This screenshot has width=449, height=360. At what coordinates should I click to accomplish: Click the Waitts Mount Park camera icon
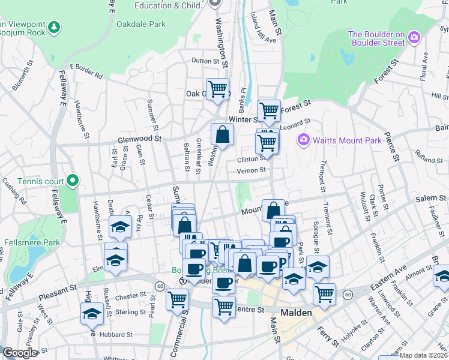point(303,140)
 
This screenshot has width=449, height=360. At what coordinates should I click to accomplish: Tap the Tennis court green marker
point(73,179)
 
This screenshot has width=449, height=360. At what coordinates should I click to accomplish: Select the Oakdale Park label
point(142,25)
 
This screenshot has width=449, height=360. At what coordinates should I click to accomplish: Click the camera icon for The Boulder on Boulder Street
point(414,38)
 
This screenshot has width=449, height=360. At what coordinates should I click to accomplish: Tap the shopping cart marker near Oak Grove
point(218,89)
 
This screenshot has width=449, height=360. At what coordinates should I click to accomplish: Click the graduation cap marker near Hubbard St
point(92,313)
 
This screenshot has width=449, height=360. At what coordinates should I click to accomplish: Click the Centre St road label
point(249,310)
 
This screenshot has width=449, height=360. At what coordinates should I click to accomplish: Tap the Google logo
point(20,353)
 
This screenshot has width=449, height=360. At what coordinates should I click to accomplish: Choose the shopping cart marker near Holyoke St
point(324,293)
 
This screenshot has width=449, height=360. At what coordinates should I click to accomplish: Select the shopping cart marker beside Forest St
point(270,110)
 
